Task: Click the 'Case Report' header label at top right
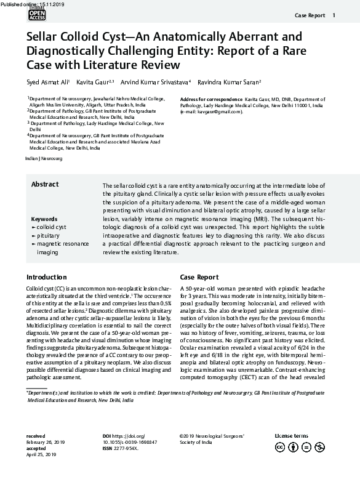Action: [309, 15]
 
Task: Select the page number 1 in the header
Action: [334, 15]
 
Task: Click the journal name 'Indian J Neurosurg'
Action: [43, 159]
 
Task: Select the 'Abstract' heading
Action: [45, 185]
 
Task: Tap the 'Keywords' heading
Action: [44, 219]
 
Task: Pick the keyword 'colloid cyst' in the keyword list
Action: [51, 227]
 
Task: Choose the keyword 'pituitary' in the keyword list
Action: [48, 236]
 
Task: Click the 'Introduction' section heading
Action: [47, 277]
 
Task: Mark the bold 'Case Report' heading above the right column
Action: [199, 277]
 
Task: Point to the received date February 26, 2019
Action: [46, 441]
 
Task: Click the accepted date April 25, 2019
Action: [42, 454]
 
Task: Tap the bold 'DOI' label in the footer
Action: [106, 435]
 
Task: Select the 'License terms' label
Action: [291, 435]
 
